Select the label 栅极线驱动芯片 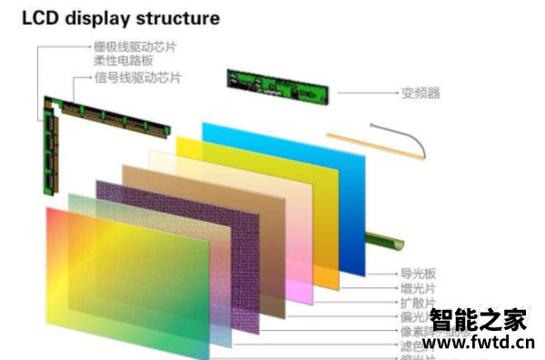(x=136, y=45)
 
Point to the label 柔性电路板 (x=124, y=61)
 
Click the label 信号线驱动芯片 (x=137, y=78)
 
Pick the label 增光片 (x=419, y=287)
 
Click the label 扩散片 (x=419, y=303)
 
